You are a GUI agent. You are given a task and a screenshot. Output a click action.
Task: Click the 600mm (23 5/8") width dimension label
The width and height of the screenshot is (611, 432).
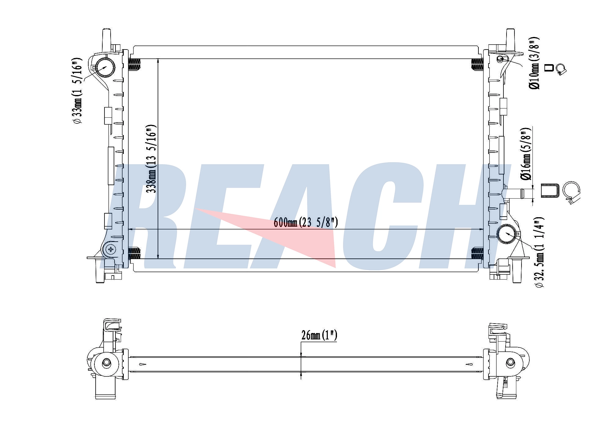coord(305,222)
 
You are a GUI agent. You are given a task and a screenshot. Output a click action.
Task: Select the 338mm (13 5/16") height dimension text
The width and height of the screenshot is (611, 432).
coord(152,159)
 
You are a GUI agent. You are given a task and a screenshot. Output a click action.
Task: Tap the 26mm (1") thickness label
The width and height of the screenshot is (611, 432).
coord(319,335)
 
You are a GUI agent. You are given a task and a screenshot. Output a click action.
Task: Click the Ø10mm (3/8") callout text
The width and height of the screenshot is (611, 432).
coord(534,63)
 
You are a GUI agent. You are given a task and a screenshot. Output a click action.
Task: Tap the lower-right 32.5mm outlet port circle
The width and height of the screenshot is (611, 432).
coord(507,234)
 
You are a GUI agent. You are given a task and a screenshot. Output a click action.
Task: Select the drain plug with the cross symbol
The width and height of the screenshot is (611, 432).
coord(111,250)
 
